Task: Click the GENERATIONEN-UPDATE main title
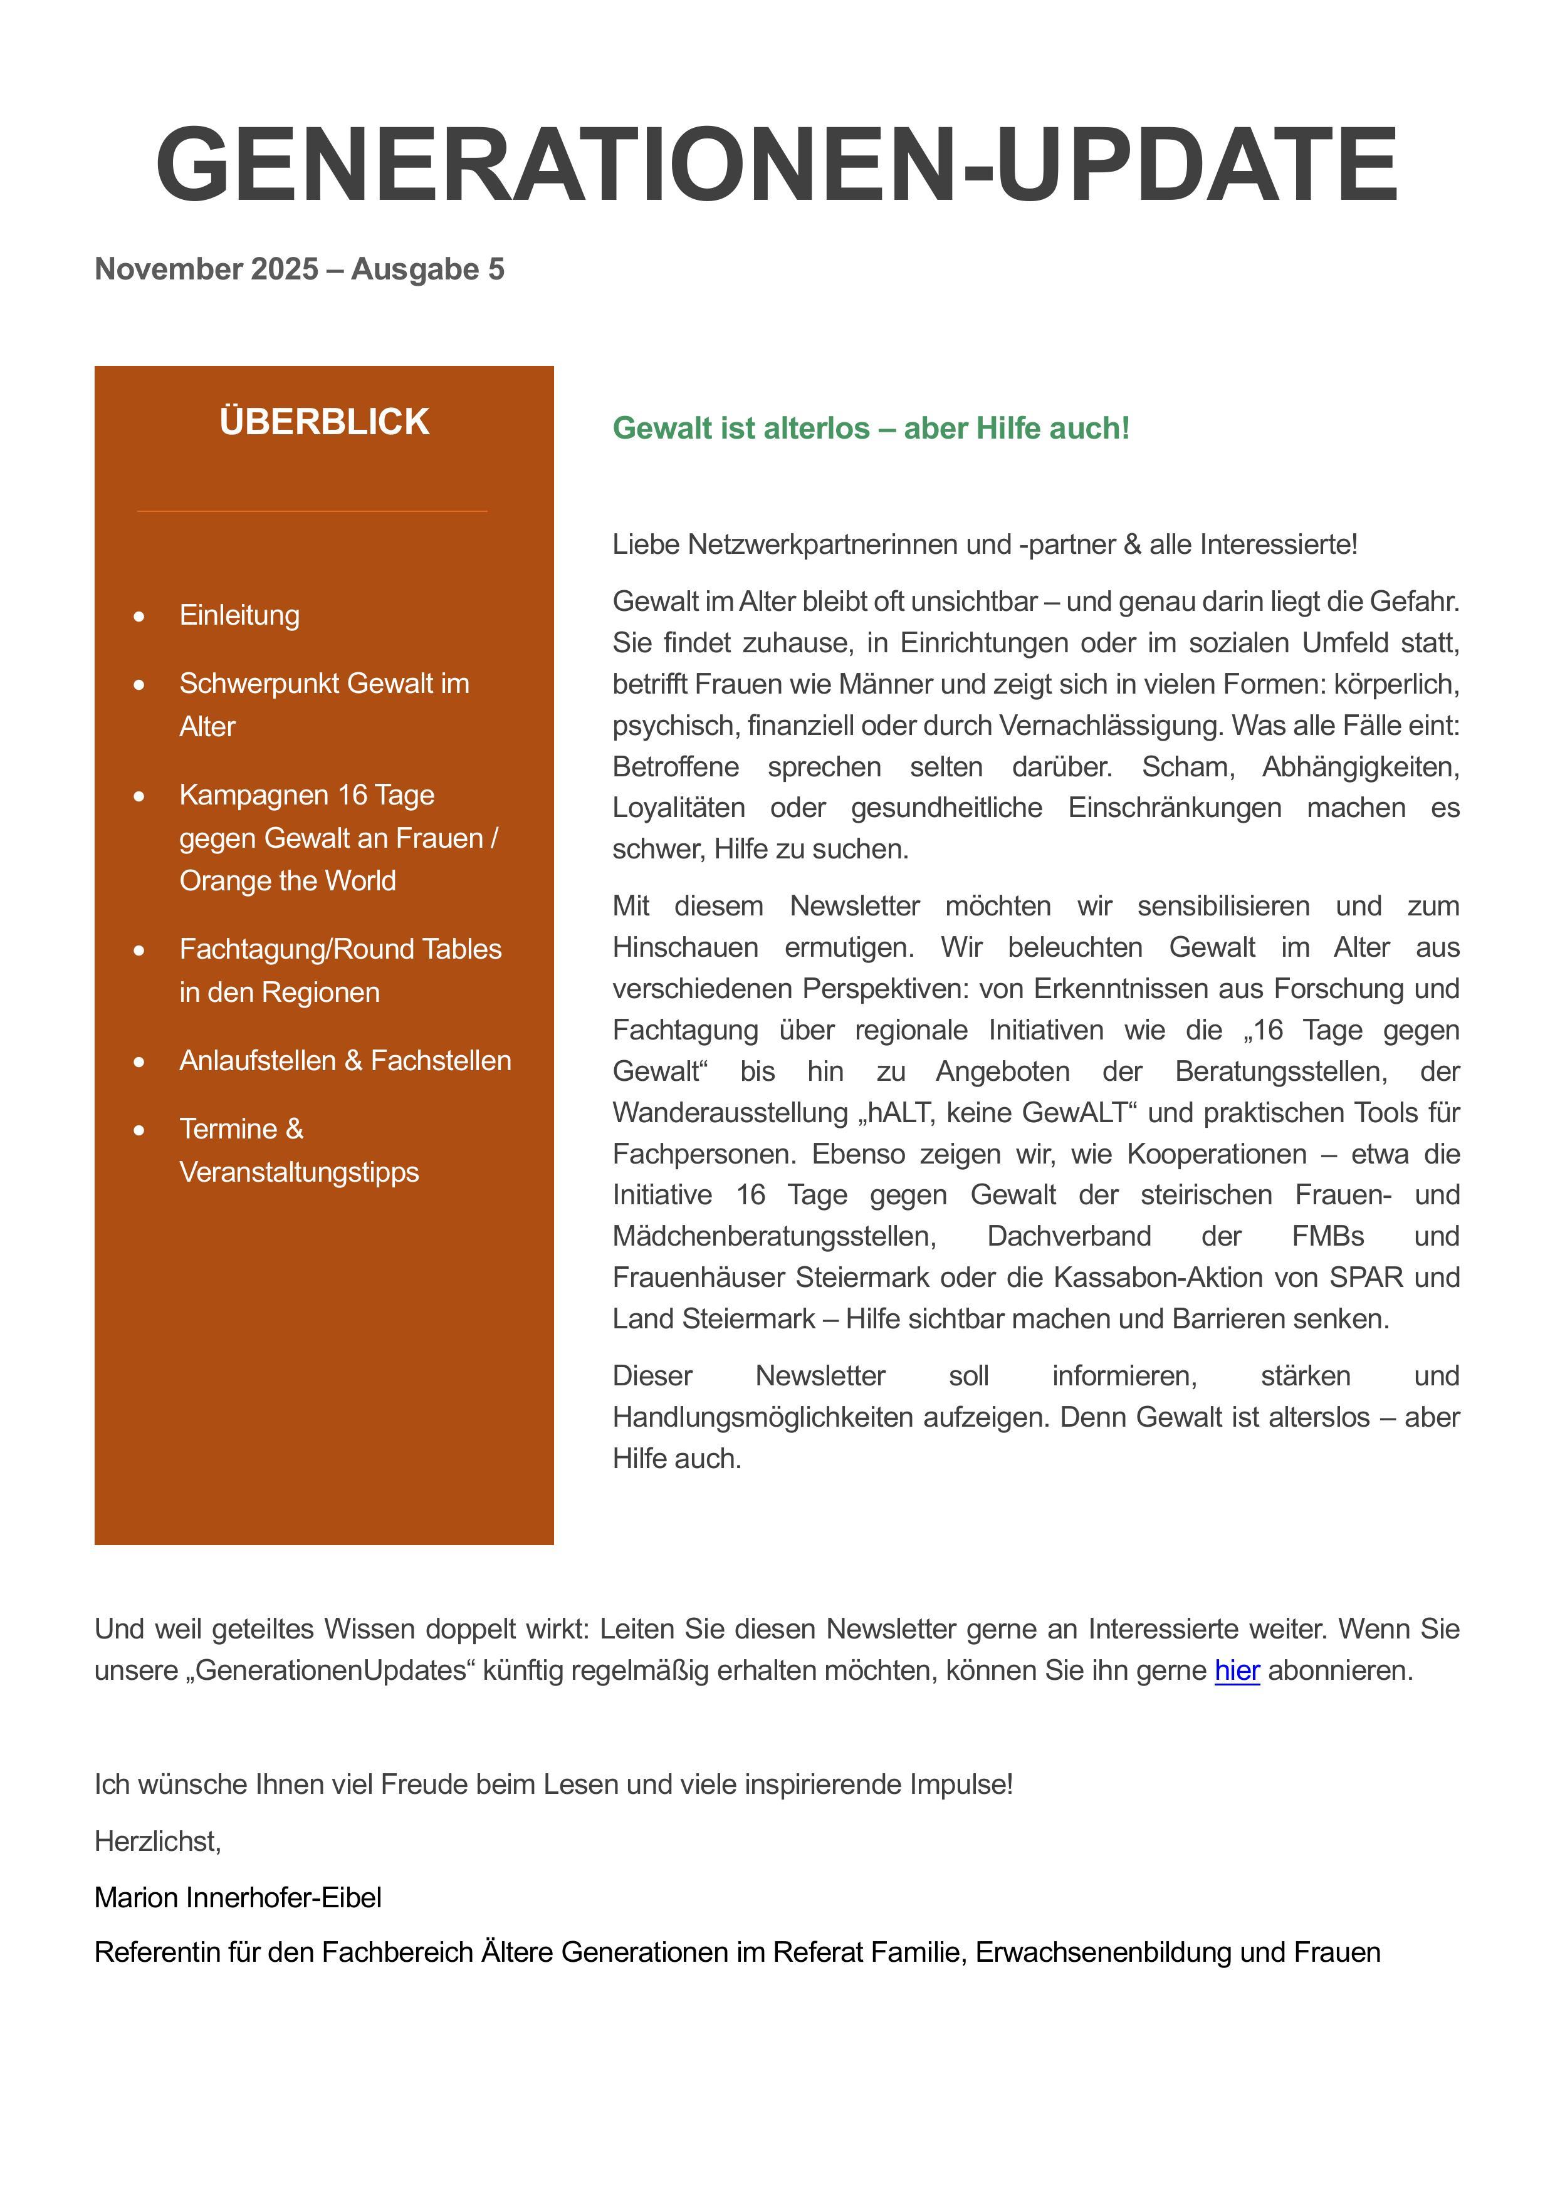point(777,165)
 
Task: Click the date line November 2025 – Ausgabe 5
point(299,269)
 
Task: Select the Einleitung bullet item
point(239,615)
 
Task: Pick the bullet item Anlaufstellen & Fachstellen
point(345,1061)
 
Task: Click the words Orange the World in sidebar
point(287,881)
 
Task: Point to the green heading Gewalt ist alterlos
point(871,428)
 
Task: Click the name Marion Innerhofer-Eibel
point(238,1897)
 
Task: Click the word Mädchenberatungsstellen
point(773,1236)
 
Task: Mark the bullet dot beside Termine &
point(140,1130)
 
